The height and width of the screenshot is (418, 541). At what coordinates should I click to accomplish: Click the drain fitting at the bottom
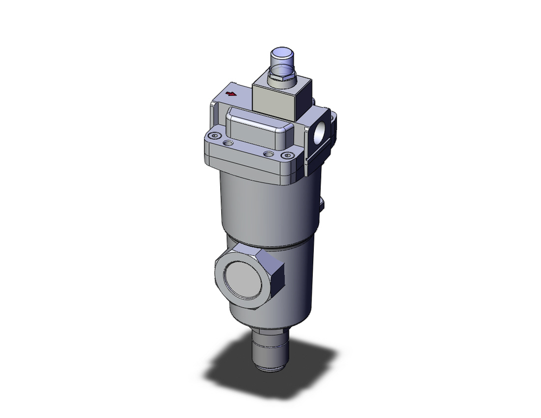point(270,352)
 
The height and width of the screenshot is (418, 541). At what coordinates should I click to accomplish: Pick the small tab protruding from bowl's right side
point(322,204)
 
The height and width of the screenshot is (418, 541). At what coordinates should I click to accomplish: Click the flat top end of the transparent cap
point(283,54)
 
